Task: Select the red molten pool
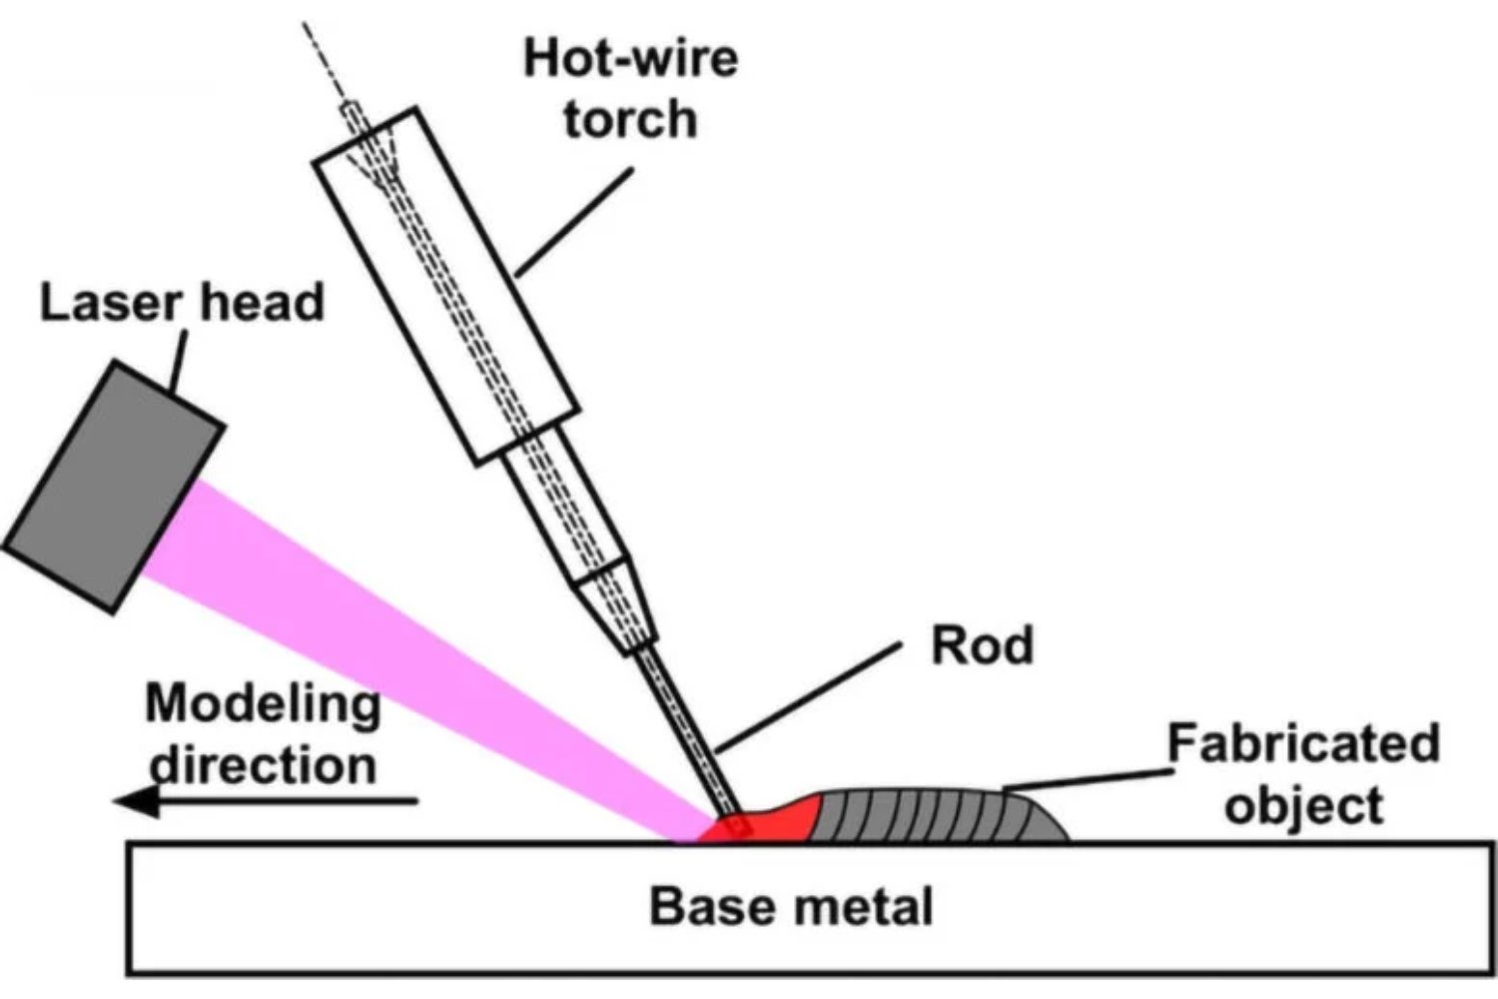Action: click(769, 819)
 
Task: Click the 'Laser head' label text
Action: click(182, 302)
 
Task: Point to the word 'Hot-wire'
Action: click(630, 57)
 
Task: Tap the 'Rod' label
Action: click(982, 645)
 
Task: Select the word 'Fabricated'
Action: click(1303, 744)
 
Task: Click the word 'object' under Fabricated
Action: click(1303, 805)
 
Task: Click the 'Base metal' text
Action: click(791, 906)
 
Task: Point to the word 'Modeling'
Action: click(263, 704)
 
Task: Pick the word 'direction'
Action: click(263, 765)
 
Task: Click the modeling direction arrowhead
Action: click(135, 801)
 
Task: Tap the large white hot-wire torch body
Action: click(446, 286)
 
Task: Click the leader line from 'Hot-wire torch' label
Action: click(575, 222)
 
